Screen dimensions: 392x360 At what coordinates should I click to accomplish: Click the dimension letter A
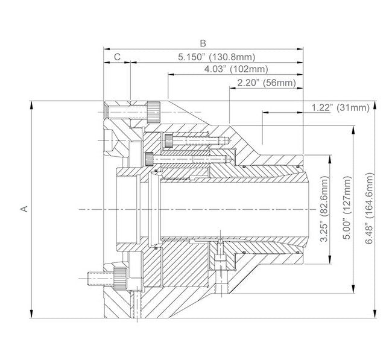(24, 209)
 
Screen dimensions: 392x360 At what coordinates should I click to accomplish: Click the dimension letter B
(203, 43)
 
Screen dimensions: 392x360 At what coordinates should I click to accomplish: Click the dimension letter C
(117, 57)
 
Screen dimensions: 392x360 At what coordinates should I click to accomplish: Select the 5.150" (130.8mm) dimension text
(217, 57)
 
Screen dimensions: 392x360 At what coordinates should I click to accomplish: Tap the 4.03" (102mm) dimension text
(236, 69)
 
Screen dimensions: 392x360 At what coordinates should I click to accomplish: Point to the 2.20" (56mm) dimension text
(267, 83)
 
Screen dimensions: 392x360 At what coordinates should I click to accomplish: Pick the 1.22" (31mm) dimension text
(341, 107)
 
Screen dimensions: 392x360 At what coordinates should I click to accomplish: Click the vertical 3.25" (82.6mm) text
(324, 209)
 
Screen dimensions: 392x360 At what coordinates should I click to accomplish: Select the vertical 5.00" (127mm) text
(347, 208)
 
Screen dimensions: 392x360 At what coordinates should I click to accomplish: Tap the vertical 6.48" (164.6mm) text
(370, 208)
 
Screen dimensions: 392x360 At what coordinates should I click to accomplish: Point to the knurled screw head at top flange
(154, 112)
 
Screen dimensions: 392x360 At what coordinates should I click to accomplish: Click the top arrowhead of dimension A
(31, 106)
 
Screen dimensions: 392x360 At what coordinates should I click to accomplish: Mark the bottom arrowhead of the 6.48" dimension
(375, 314)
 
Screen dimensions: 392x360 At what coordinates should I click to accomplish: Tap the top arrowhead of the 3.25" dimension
(330, 159)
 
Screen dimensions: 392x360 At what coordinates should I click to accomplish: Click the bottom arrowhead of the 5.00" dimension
(353, 289)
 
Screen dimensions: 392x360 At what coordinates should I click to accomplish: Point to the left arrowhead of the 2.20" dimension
(233, 88)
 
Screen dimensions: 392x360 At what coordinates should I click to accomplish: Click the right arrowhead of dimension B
(299, 49)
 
